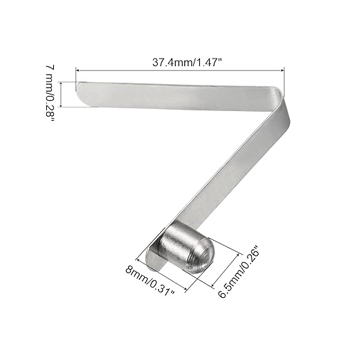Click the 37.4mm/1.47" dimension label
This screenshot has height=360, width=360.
(x=187, y=62)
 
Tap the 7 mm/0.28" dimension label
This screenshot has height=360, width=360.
(x=50, y=93)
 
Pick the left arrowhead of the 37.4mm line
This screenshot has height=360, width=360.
(x=78, y=70)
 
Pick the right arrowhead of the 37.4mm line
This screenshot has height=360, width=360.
(x=282, y=71)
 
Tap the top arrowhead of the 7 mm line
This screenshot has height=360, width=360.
(x=61, y=83)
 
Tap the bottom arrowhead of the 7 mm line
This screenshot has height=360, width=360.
(x=61, y=105)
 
